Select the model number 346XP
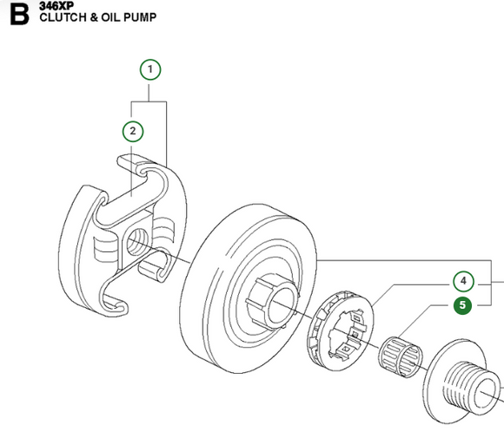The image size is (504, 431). pos(55,5)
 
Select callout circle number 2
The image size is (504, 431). pos(132,131)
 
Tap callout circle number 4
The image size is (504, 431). pos(464,281)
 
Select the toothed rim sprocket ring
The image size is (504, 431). pos(341,327)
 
